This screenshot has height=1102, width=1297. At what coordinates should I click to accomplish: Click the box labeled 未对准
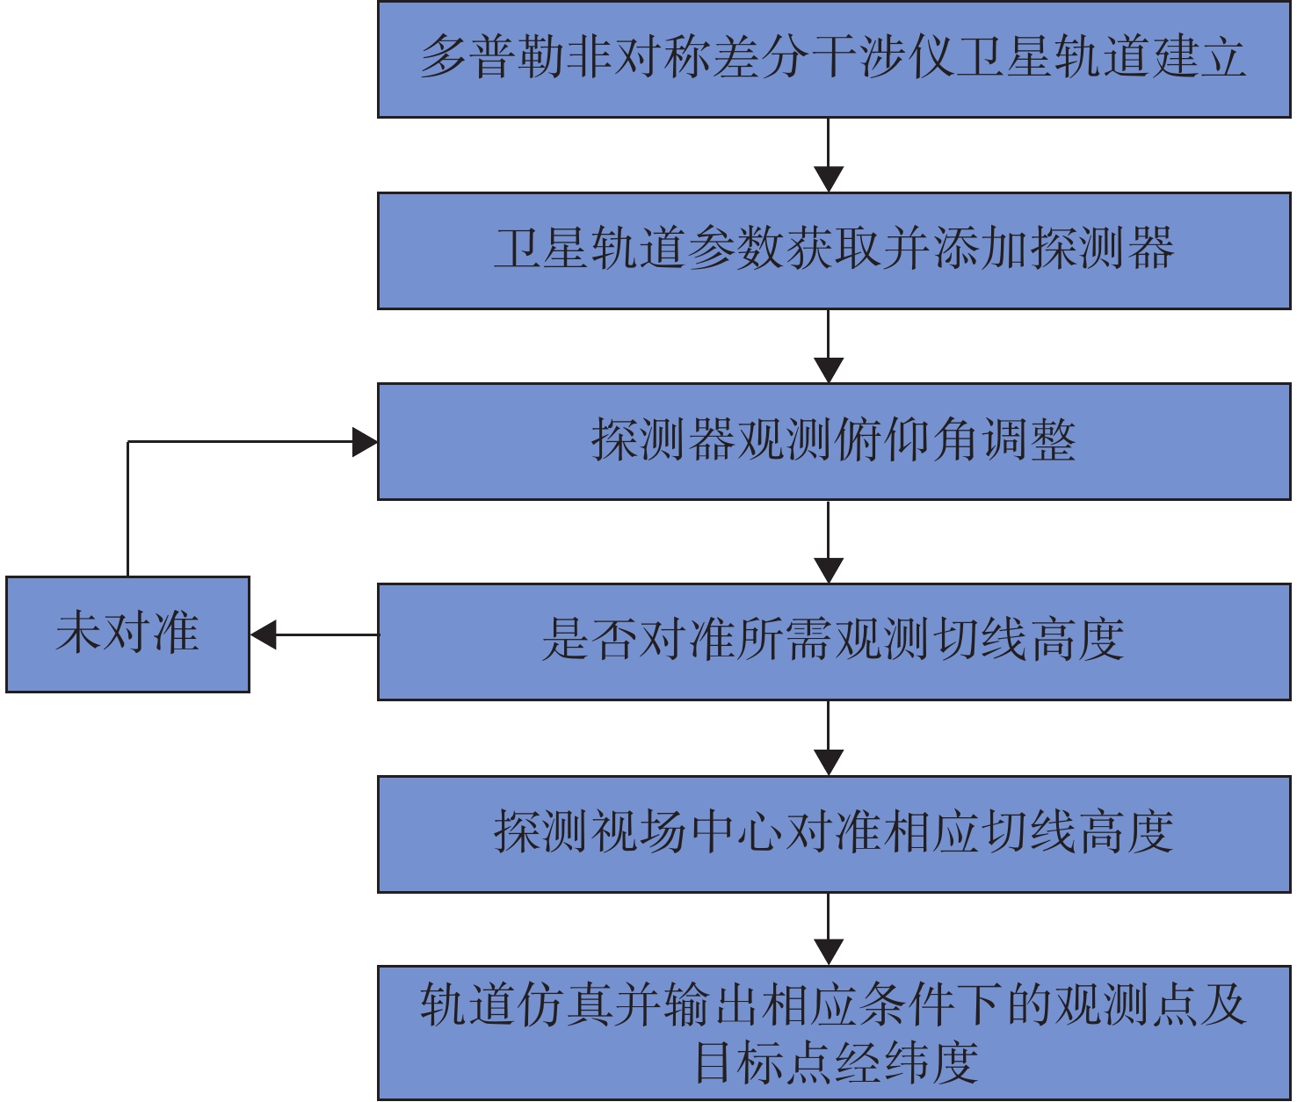pyautogui.click(x=127, y=634)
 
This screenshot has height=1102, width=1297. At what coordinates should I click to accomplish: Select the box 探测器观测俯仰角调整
pyautogui.click(x=833, y=441)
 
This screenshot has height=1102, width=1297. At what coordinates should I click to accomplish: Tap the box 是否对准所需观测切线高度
pyautogui.click(x=833, y=641)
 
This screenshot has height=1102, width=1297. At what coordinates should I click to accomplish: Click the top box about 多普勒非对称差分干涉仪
pyautogui.click(x=833, y=59)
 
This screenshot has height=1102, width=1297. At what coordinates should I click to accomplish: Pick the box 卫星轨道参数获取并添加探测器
pyautogui.click(x=833, y=250)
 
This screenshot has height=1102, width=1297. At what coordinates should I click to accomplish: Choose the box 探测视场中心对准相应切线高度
pyautogui.click(x=833, y=833)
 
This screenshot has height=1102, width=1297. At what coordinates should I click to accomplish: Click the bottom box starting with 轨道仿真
pyautogui.click(x=833, y=1032)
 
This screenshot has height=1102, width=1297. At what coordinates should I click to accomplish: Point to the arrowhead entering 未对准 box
pyautogui.click(x=264, y=634)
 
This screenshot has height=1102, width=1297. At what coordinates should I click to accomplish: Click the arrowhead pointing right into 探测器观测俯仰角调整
pyautogui.click(x=365, y=441)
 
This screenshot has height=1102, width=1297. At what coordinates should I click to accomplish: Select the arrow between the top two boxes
pyautogui.click(x=829, y=155)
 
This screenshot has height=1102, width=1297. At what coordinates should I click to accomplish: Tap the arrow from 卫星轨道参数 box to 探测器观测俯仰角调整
pyautogui.click(x=829, y=346)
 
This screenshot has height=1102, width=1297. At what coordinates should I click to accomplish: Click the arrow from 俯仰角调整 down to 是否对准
pyautogui.click(x=829, y=541)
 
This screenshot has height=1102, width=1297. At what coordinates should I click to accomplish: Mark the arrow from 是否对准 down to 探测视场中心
pyautogui.click(x=829, y=737)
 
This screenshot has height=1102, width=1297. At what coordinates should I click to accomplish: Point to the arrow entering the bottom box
pyautogui.click(x=829, y=930)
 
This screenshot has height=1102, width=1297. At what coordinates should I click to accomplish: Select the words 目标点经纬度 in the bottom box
pyautogui.click(x=836, y=1063)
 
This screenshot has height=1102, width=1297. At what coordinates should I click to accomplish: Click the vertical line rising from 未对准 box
pyautogui.click(x=128, y=510)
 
